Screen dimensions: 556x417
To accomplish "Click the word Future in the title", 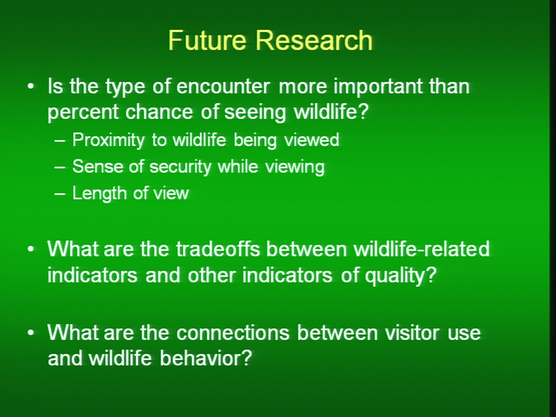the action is pyautogui.click(x=207, y=40).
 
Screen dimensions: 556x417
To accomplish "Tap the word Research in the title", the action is pyautogui.click(x=314, y=40).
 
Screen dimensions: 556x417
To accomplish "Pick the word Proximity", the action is pyautogui.click(x=108, y=140).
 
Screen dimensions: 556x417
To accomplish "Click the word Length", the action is pyautogui.click(x=99, y=193).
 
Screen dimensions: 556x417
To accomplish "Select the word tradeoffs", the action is pyautogui.click(x=218, y=249).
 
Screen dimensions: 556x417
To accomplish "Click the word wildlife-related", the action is pyautogui.click(x=422, y=249).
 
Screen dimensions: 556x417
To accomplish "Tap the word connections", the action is pyautogui.click(x=233, y=332).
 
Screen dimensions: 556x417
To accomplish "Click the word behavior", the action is pyautogui.click(x=206, y=358).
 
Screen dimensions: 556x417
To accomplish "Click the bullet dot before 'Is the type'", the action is pyautogui.click(x=31, y=86).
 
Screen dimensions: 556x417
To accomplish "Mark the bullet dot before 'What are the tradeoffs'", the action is pyautogui.click(x=31, y=249).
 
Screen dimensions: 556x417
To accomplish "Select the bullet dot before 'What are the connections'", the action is pyautogui.click(x=31, y=332).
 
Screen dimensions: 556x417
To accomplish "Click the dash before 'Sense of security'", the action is pyautogui.click(x=60, y=167).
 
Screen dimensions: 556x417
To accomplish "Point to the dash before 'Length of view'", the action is pyautogui.click(x=60, y=193).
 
